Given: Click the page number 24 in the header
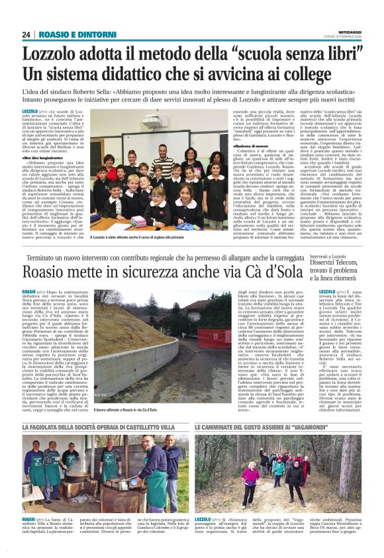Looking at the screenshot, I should (x=26, y=34).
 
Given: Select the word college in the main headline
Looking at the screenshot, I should (x=324, y=74).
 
